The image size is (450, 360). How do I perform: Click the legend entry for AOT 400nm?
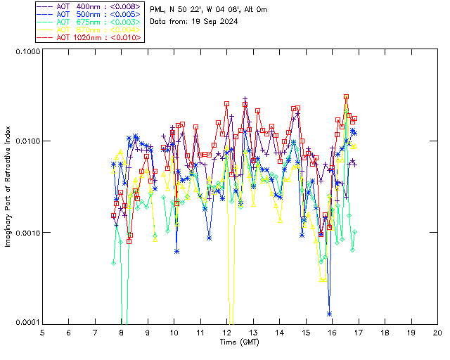[x=89, y=6]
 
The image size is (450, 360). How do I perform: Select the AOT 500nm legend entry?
[x=89, y=14]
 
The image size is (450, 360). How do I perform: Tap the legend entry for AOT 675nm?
[x=89, y=22]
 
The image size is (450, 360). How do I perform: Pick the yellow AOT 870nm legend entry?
[x=89, y=30]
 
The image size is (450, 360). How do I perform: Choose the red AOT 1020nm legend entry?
[x=89, y=37]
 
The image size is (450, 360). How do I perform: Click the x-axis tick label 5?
[x=42, y=333]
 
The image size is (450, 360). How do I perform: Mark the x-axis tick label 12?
[x=226, y=333]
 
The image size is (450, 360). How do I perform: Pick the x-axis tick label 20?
[x=437, y=333]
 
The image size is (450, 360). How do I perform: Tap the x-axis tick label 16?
[x=332, y=333]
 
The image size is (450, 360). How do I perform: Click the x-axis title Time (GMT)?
[x=240, y=342]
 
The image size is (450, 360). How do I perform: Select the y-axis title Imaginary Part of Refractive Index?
[x=8, y=186]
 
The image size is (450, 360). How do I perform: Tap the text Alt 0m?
[x=252, y=9]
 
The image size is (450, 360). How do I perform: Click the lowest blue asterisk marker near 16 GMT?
[x=329, y=314]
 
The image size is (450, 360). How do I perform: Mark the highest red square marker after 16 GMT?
[x=347, y=97]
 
